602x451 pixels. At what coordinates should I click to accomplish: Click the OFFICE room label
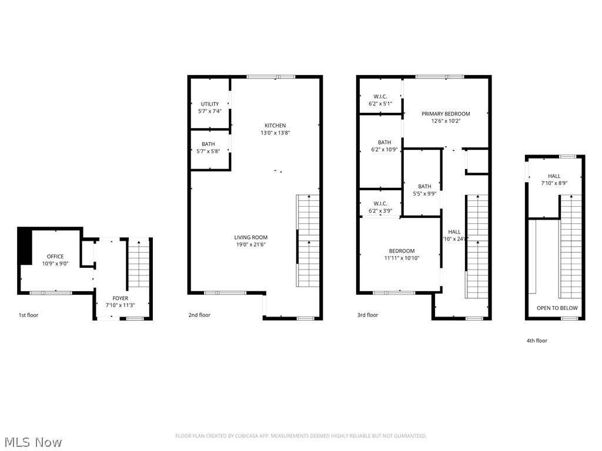(55, 257)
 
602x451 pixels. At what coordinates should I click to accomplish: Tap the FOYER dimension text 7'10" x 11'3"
(120, 305)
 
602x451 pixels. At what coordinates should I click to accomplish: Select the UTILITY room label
(210, 104)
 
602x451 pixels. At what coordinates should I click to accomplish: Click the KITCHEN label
(275, 126)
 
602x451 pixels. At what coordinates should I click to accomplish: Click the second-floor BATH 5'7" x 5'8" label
(208, 144)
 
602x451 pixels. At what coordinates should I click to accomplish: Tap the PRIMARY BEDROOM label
(446, 114)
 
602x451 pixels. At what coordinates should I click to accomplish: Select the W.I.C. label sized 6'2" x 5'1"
(380, 97)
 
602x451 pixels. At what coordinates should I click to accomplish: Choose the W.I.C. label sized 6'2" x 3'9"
(380, 204)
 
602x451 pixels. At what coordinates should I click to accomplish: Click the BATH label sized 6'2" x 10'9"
(384, 143)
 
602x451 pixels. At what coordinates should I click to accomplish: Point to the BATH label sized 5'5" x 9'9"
(424, 187)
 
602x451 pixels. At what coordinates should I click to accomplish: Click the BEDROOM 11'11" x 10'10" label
(401, 251)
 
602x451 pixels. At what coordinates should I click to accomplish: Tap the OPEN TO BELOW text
(557, 308)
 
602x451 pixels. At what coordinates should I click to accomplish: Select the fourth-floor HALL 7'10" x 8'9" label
(554, 176)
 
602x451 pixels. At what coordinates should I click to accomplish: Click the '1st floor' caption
(28, 315)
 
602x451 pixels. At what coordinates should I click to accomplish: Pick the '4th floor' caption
(537, 341)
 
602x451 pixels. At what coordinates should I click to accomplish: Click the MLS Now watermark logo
(33, 442)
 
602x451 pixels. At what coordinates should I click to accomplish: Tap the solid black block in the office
(25, 246)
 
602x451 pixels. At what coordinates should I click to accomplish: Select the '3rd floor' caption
(368, 315)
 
